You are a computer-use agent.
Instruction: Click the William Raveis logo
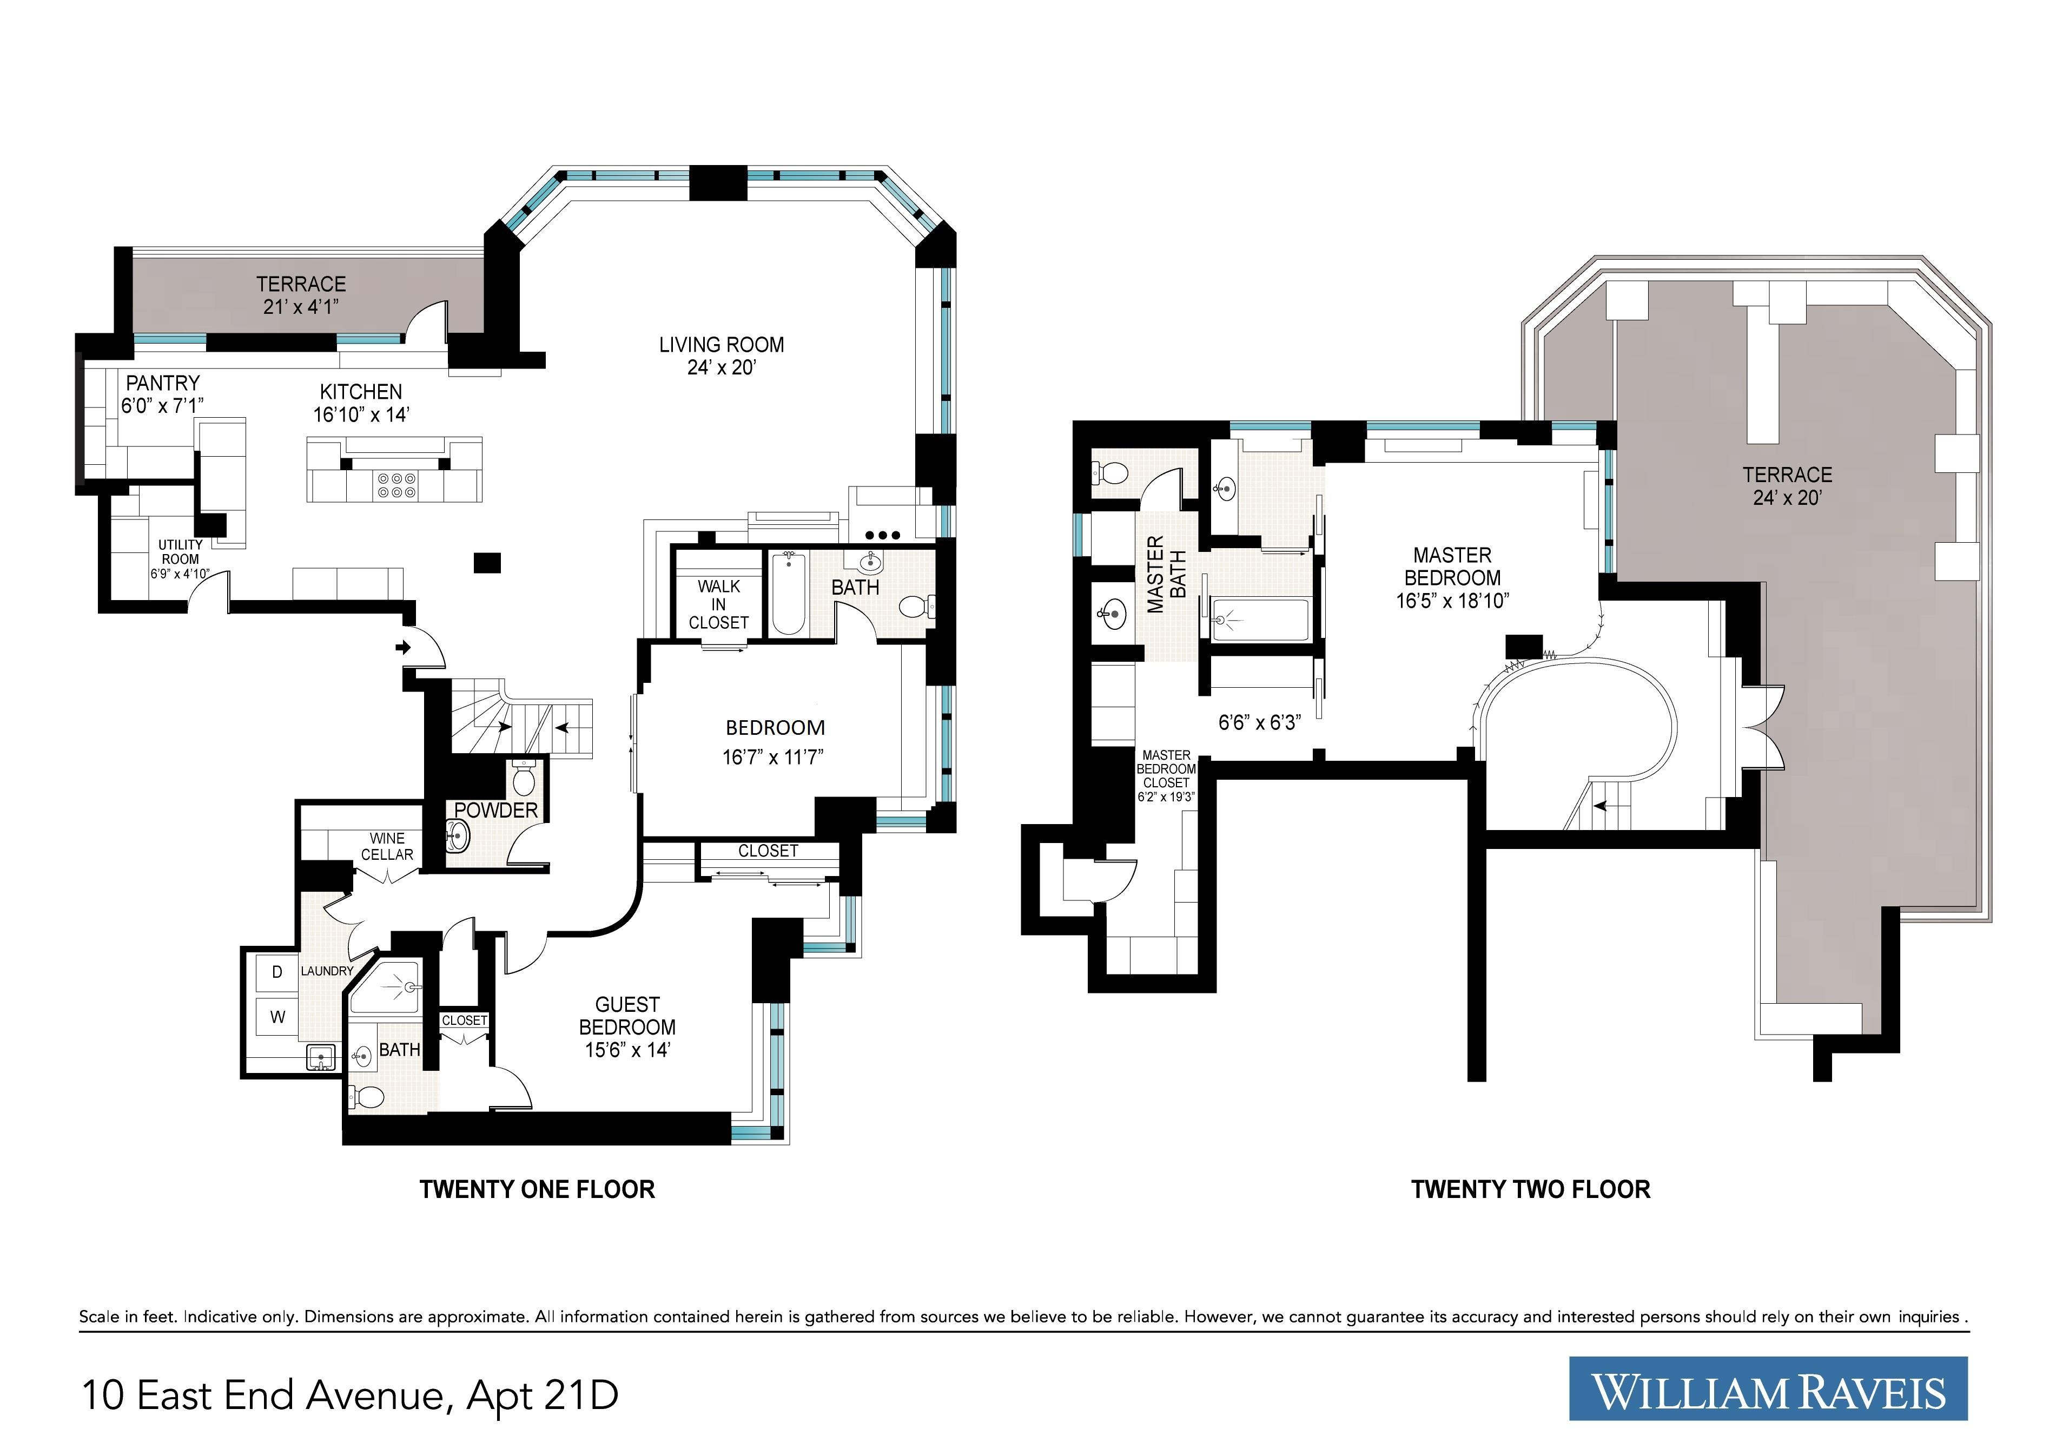(x=1768, y=1388)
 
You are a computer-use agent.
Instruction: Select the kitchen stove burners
(x=396, y=485)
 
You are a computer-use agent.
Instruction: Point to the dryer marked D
(x=277, y=972)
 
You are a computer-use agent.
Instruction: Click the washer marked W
(x=277, y=1017)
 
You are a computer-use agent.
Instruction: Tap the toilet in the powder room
(x=524, y=778)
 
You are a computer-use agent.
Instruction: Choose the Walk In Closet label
(x=719, y=604)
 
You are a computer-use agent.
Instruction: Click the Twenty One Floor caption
(x=537, y=1190)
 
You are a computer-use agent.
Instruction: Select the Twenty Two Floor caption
(x=1530, y=1190)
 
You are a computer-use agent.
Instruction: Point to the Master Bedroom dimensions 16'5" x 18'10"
(x=1452, y=600)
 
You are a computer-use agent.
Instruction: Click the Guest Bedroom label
(x=627, y=1016)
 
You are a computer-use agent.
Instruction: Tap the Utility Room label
(x=180, y=552)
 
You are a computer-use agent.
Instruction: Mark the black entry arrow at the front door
(x=404, y=646)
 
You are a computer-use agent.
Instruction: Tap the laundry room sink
(x=321, y=1057)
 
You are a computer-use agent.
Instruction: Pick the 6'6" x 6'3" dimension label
(x=1259, y=722)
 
